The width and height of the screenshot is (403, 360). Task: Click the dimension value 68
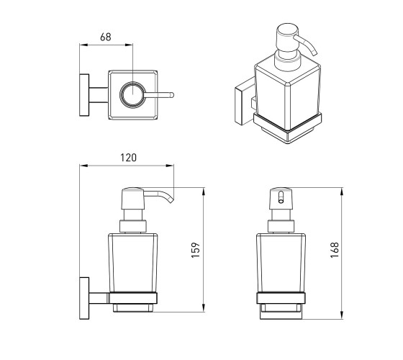pos(106,37)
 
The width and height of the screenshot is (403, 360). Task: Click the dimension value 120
pos(129,158)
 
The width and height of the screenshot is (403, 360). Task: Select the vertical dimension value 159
pos(196,250)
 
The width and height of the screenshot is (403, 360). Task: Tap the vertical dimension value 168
pos(335,250)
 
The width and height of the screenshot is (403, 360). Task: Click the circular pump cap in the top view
pos(132,94)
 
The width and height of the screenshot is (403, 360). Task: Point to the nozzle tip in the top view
pos(172,95)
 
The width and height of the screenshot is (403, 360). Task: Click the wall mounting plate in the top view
pos(84,95)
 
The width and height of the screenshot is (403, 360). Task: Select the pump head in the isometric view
pos(286,38)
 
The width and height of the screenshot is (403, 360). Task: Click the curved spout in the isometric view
pos(307,44)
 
